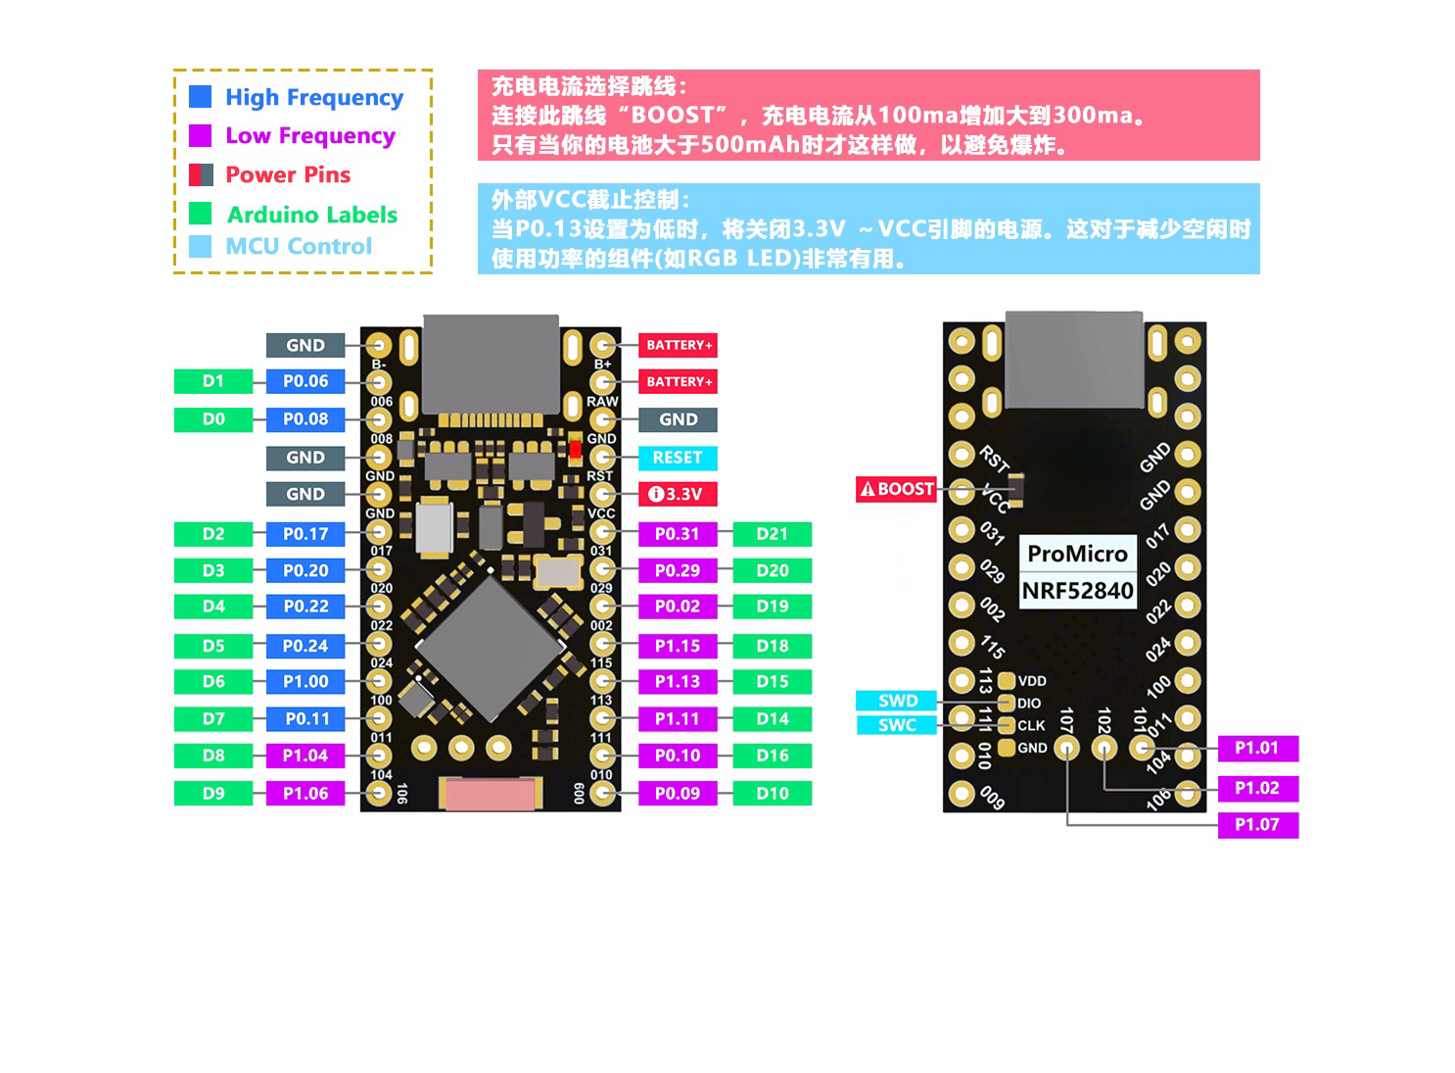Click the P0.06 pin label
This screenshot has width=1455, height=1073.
click(305, 381)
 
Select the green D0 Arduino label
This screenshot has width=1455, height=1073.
click(213, 419)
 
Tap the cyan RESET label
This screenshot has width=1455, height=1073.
click(678, 458)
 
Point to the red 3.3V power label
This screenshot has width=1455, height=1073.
click(678, 494)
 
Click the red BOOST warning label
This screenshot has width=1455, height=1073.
click(897, 489)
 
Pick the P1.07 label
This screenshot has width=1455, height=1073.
click(1257, 825)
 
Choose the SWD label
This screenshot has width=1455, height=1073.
click(897, 701)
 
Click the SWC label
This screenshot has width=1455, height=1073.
click(897, 725)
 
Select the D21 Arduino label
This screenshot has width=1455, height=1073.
click(772, 534)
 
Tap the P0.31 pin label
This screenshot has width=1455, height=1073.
click(678, 534)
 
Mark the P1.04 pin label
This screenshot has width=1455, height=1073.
click(305, 756)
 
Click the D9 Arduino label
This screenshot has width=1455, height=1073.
click(213, 794)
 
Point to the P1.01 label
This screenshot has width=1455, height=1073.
click(1257, 749)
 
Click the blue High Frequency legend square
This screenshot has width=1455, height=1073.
click(200, 96)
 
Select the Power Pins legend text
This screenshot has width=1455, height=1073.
click(288, 174)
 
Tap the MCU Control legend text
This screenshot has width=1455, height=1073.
click(299, 246)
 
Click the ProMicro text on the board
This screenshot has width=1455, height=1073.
click(1077, 554)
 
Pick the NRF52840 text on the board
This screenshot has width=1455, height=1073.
click(1077, 591)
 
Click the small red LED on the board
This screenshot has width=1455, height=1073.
click(575, 452)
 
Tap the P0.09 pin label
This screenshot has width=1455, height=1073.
click(678, 794)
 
